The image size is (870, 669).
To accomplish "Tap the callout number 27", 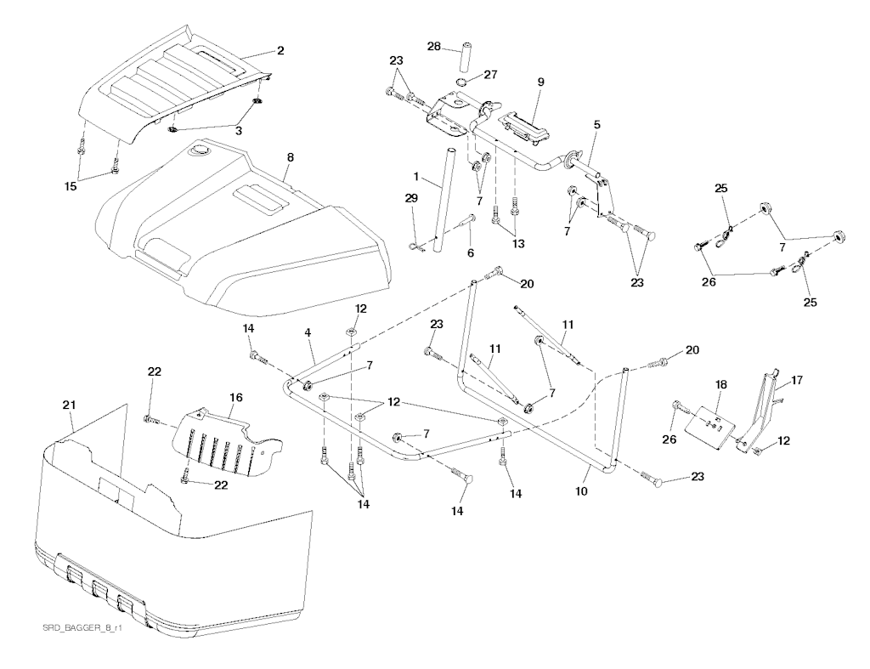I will [490, 74].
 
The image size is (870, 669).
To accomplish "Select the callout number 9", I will [540, 82].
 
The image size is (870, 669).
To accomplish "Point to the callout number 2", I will [280, 50].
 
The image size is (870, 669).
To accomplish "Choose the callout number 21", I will [69, 406].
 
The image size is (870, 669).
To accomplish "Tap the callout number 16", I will [235, 396].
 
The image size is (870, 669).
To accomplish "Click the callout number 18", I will [721, 384].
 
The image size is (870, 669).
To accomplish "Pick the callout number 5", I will [597, 124].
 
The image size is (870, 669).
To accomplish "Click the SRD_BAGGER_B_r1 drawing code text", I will [78, 628].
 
